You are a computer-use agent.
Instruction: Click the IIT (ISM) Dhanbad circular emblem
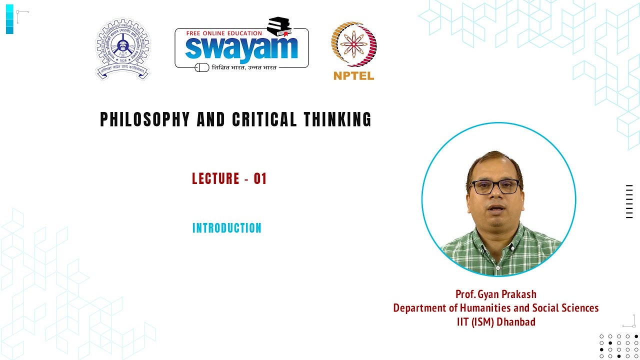tap(122, 49)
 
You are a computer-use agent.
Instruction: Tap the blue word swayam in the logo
tap(241, 48)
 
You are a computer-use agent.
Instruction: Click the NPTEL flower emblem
tap(353, 44)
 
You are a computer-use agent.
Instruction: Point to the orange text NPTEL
tap(353, 76)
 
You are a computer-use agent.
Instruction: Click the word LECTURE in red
tap(215, 179)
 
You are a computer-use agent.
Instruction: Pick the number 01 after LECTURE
tap(260, 179)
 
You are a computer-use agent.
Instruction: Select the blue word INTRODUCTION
tap(227, 228)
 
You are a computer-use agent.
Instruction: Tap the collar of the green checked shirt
tap(497, 231)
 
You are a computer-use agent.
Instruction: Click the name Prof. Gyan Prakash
tap(495, 294)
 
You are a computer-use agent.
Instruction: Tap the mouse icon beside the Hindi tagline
tap(201, 67)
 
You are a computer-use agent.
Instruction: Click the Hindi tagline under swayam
tap(244, 67)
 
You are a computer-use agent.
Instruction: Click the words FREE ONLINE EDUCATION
tap(223, 33)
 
